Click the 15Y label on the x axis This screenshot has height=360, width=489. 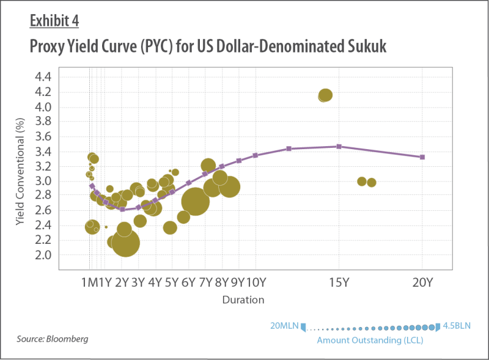click(x=339, y=282)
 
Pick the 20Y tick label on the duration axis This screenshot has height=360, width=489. click(x=422, y=282)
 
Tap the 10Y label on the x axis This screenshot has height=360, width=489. click(x=256, y=282)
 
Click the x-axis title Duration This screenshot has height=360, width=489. click(x=243, y=300)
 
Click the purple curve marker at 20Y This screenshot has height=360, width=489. click(x=422, y=157)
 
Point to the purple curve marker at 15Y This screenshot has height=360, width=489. click(x=339, y=147)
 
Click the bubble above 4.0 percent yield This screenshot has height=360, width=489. click(x=325, y=95)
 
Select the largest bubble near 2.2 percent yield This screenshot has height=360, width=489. click(x=125, y=243)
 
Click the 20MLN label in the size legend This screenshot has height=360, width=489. click(x=284, y=326)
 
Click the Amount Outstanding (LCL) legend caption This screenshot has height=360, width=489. click(x=369, y=340)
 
